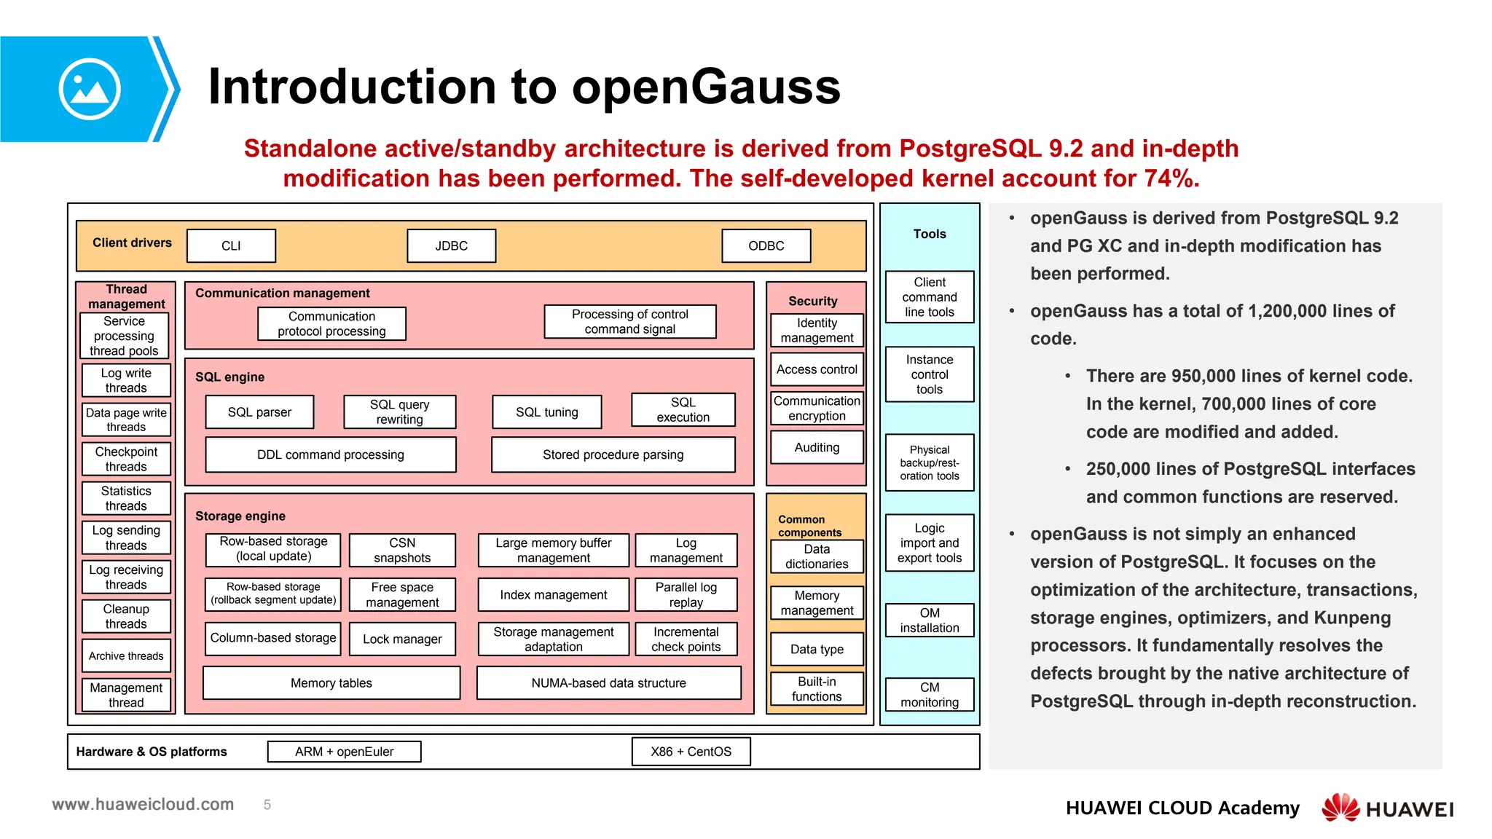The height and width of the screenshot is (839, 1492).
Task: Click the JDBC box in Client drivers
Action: (x=451, y=246)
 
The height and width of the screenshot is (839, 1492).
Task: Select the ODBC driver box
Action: (x=766, y=246)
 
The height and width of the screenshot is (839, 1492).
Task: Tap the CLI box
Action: (x=231, y=246)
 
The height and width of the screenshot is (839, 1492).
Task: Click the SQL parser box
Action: (x=259, y=412)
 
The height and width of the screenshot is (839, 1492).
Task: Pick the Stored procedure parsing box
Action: (x=613, y=454)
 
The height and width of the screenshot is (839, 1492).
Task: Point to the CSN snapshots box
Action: (x=402, y=551)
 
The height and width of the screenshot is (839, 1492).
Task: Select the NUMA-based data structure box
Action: (x=608, y=683)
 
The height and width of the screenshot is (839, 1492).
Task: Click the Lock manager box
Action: (x=402, y=639)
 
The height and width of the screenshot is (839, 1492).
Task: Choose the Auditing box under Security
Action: (x=817, y=447)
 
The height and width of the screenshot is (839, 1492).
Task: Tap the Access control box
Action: (x=817, y=369)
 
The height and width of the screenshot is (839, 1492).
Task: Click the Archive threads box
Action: (x=126, y=655)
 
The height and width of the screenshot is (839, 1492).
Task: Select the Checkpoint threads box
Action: (x=126, y=459)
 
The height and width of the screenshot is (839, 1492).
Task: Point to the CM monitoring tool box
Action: (x=930, y=695)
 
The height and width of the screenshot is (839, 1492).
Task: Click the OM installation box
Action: (x=930, y=621)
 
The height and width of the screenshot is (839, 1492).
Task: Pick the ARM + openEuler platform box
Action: (x=344, y=752)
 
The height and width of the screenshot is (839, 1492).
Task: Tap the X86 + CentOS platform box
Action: (x=691, y=752)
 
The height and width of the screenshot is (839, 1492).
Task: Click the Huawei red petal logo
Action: (x=1340, y=807)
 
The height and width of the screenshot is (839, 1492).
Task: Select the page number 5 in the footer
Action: (x=267, y=805)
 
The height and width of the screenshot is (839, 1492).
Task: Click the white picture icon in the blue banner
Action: (x=90, y=89)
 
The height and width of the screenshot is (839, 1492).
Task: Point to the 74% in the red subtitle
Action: (x=1170, y=178)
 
